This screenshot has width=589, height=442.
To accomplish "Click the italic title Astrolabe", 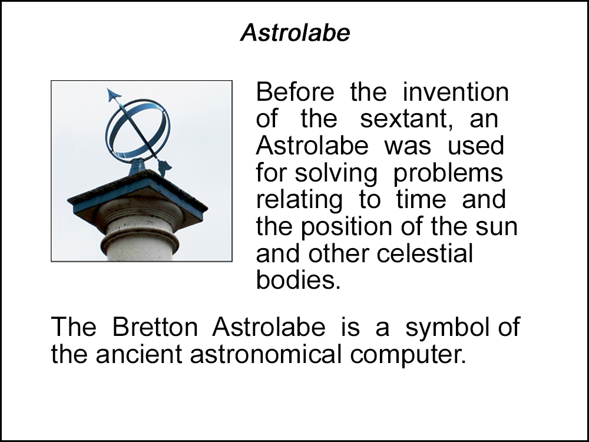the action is pos(295,32).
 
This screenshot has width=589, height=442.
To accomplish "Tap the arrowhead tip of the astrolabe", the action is pos(107,89).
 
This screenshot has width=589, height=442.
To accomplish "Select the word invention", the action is pos(456,92).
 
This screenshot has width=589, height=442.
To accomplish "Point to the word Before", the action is pos(295,92).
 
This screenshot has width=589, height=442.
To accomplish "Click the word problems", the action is pos(448,174).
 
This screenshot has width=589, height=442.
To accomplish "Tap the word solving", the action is pos(336,174).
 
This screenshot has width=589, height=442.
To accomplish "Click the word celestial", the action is pos(425,253).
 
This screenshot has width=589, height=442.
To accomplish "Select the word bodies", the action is pos(298,280).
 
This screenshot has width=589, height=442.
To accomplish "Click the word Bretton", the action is pos(155,326).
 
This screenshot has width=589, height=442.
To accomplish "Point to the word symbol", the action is pos(448,328).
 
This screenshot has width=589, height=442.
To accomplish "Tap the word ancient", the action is pos(139,354).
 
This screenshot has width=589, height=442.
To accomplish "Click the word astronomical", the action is pos(266,354).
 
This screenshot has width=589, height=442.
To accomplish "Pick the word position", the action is pos(347,227).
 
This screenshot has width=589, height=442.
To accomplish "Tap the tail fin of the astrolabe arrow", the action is pos(164,167).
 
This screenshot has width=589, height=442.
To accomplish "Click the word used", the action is pos(475,146).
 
